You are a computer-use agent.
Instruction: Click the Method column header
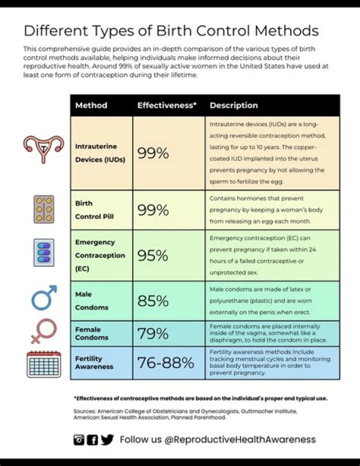click(91, 106)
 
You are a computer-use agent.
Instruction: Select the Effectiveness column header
click(166, 106)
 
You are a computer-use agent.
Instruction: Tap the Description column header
click(233, 106)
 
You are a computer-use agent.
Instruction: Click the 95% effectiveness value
click(152, 255)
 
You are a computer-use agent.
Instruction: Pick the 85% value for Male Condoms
click(152, 301)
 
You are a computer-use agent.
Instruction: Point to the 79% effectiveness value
click(152, 333)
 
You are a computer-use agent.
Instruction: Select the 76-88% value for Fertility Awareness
click(165, 363)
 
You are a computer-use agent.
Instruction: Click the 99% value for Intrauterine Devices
click(152, 153)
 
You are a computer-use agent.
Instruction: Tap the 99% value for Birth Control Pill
click(152, 210)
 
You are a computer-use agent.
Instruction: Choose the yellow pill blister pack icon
click(44, 209)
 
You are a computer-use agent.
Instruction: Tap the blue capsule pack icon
click(44, 252)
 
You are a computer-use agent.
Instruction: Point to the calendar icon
click(43, 364)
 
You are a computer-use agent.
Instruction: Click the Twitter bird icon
click(107, 440)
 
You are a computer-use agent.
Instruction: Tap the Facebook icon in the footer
click(92, 440)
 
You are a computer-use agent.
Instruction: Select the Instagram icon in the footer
click(79, 440)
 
